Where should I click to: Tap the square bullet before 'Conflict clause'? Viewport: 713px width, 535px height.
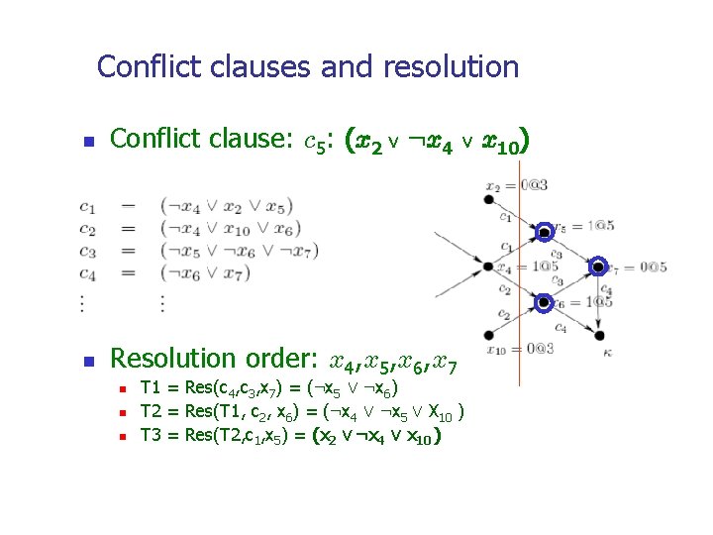pos(88,143)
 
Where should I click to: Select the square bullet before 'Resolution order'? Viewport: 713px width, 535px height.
pos(88,360)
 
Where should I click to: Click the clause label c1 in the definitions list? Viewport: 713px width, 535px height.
pos(88,207)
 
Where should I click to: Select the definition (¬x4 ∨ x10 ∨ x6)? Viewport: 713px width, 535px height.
pos(229,229)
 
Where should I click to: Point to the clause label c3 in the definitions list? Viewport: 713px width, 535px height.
pos(88,252)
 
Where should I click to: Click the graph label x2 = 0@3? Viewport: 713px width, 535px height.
pos(516,184)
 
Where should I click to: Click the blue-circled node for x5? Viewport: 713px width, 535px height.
pos(544,234)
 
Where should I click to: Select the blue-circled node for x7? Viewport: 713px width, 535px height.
pos(598,267)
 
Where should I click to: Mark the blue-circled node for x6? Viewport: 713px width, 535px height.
pos(544,301)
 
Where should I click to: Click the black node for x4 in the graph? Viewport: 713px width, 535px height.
pos(488,267)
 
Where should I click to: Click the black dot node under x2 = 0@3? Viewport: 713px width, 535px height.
pos(488,200)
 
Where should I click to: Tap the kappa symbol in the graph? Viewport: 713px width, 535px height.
pos(598,351)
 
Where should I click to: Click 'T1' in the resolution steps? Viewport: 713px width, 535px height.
pos(152,387)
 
